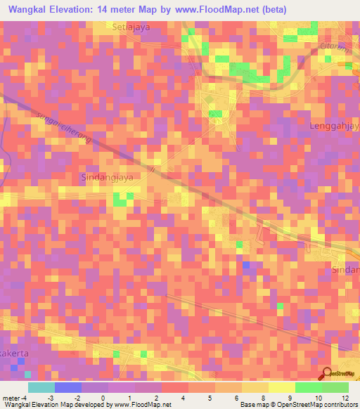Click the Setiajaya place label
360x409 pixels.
click(131, 27)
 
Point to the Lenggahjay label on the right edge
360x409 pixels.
click(334, 126)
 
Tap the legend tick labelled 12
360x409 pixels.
click(345, 398)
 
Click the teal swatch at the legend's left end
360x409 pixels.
click(41, 387)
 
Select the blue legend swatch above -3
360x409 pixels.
click(68, 387)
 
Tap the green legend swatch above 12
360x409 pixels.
click(335, 387)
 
